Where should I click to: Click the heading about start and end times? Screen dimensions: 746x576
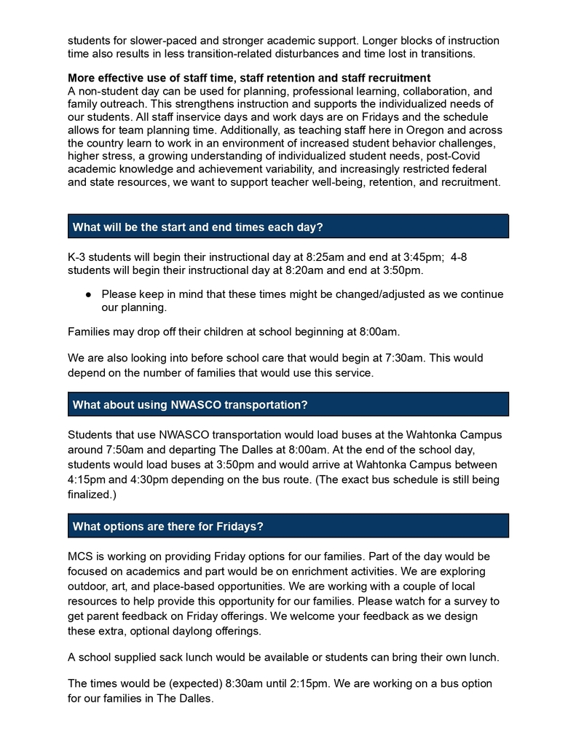[x=197, y=227]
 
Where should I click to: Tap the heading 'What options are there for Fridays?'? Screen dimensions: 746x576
[x=167, y=526]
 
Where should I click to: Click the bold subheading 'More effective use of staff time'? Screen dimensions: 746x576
[x=249, y=78]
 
